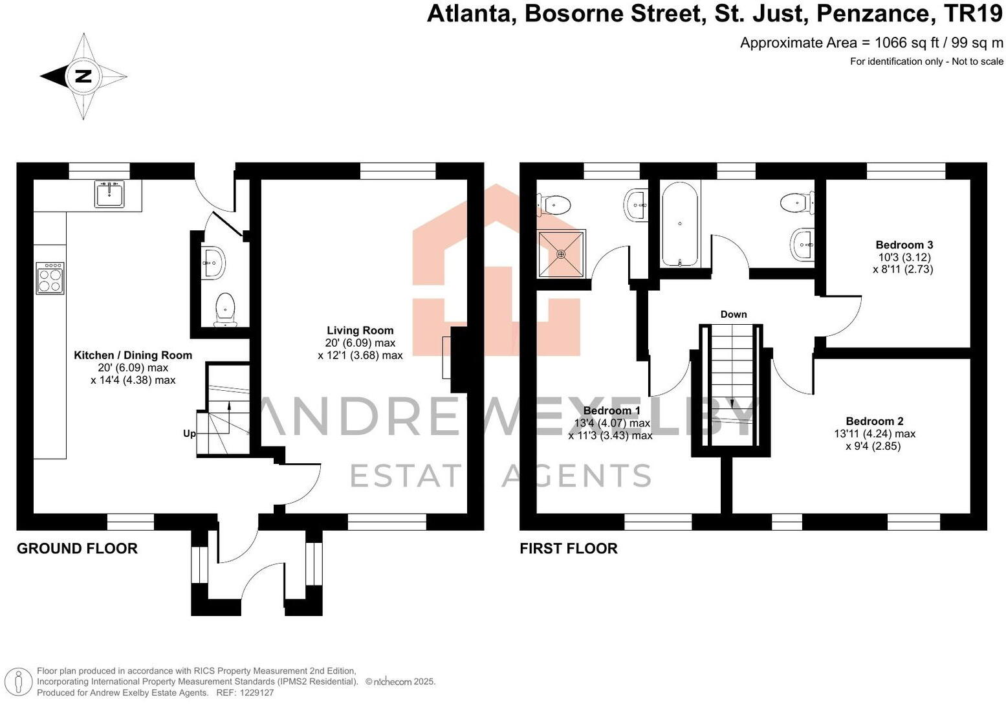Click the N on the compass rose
83,76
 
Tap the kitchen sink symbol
109,193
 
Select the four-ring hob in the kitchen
50,278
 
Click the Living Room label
360,331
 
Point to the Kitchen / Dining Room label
133,355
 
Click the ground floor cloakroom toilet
224,309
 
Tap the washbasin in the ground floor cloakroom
212,262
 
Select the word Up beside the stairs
190,434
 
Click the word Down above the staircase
734,314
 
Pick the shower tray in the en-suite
561,254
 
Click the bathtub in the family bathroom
679,224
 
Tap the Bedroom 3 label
904,245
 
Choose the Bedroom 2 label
874,421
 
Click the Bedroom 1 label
611,411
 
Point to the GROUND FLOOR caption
77,549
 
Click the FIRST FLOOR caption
568,549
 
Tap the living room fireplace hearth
446,357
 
